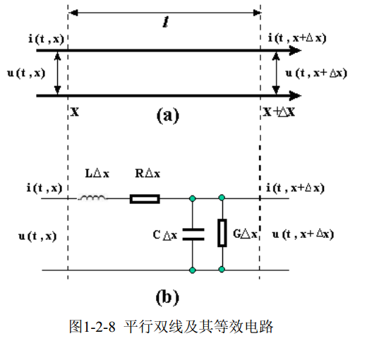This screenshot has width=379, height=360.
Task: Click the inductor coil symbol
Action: [x=92, y=198]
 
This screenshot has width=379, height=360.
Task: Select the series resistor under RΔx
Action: [x=145, y=199]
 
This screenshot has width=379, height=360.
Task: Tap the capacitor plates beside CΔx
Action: [x=193, y=234]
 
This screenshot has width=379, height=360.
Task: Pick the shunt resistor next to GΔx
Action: [x=222, y=233]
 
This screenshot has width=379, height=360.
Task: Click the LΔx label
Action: [x=97, y=174]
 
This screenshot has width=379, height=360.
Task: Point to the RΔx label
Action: [x=148, y=174]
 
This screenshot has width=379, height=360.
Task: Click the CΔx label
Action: [x=165, y=235]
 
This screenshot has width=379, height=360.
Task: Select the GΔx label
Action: [x=245, y=234]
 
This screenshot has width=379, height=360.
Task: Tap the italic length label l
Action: [x=166, y=23]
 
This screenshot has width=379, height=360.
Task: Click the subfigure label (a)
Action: [x=168, y=116]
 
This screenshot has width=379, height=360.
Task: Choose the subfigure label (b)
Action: [x=167, y=297]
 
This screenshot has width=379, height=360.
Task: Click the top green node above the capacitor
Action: [x=193, y=198]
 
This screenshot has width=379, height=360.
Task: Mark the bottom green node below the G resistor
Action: [x=222, y=270]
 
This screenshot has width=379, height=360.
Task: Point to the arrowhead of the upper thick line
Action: [x=296, y=51]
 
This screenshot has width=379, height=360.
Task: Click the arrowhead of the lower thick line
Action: [x=296, y=96]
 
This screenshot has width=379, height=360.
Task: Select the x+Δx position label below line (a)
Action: [x=279, y=112]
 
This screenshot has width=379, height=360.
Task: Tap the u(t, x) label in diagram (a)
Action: [x=26, y=73]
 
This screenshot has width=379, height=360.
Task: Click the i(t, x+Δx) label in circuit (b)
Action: [x=295, y=188]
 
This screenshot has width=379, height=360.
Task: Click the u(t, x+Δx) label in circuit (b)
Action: [x=303, y=234]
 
